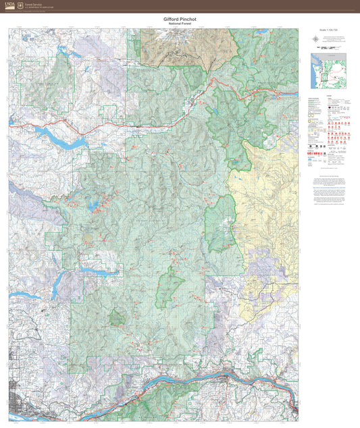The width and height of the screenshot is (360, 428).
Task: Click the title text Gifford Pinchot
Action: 180,20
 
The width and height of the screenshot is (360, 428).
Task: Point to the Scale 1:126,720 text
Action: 327,31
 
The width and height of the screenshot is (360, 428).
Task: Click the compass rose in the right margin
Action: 315,38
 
